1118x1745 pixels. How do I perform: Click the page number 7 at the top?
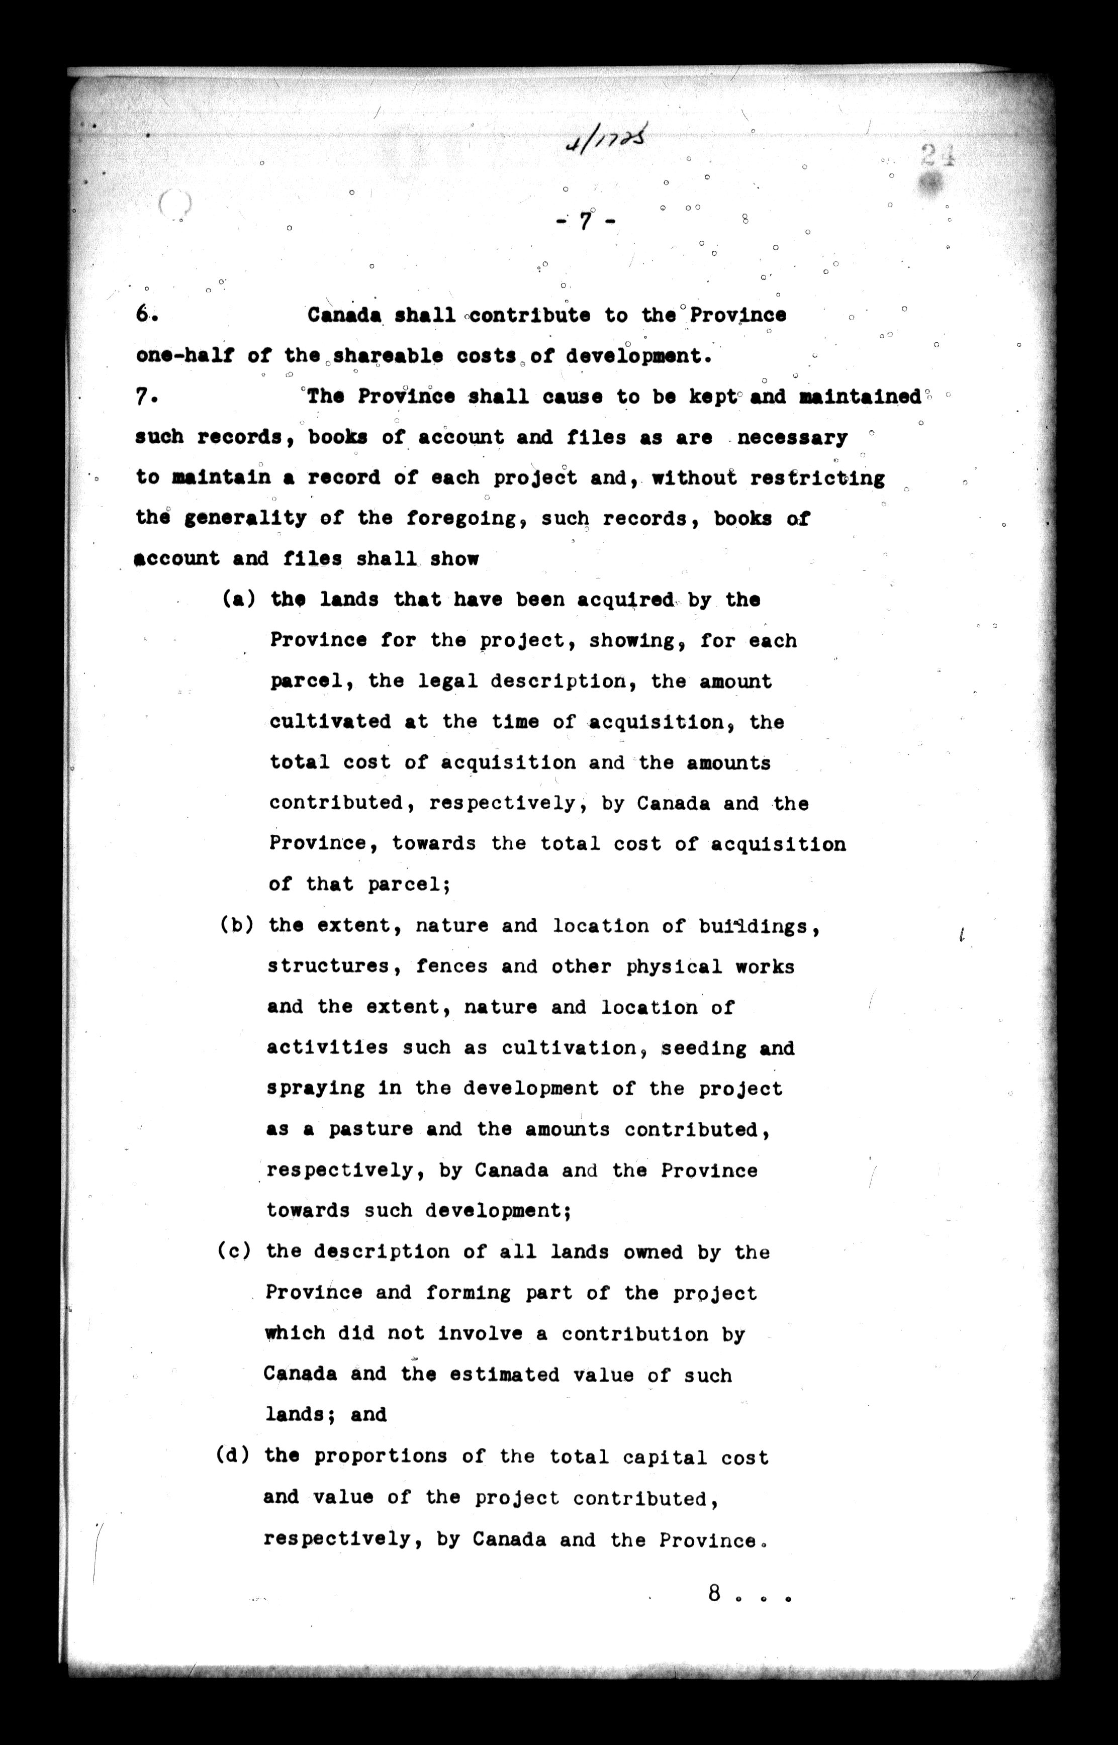point(585,221)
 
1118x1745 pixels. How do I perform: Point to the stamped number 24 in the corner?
point(937,156)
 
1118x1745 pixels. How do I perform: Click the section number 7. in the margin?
point(145,397)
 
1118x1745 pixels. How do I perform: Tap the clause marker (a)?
point(237,600)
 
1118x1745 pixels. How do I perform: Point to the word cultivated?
point(330,722)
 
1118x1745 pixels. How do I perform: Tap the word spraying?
point(315,1089)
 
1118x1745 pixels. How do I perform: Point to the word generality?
point(245,519)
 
